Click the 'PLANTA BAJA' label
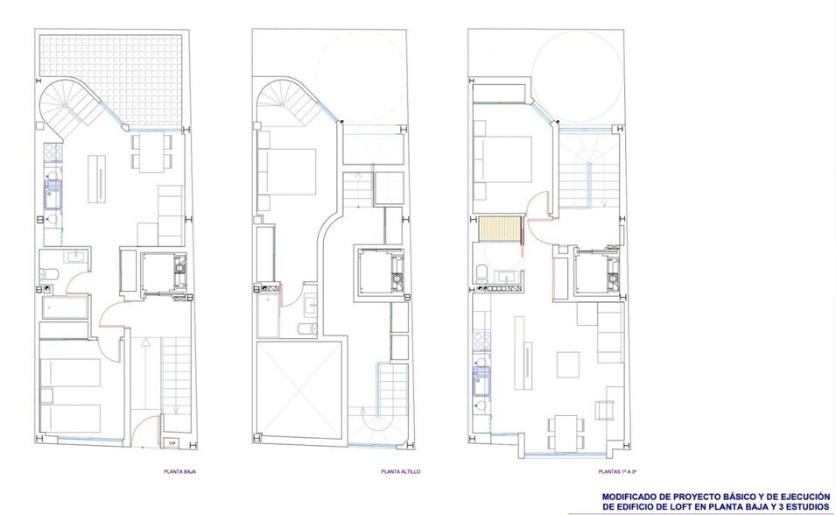coord(179,472)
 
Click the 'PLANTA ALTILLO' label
coord(400,472)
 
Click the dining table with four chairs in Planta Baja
coord(149,150)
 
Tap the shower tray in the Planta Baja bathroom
coord(65,307)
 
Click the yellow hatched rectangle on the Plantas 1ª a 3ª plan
coord(500,231)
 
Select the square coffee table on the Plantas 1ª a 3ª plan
coord(567,362)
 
